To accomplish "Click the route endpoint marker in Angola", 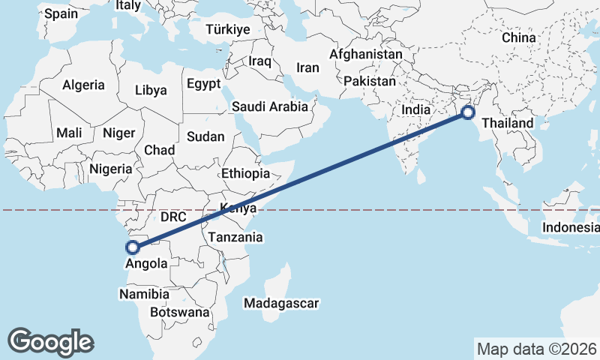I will (x=133, y=247).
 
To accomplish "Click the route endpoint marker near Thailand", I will (x=468, y=113).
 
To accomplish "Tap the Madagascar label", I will (x=282, y=304).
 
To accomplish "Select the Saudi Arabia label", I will (x=269, y=106).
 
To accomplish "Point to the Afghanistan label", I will (x=366, y=55).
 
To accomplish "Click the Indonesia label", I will (x=571, y=227).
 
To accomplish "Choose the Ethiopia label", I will (x=246, y=173).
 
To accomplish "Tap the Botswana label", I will (x=179, y=312).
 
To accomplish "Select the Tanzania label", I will (x=235, y=237).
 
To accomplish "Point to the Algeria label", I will (x=83, y=85).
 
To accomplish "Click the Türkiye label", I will (x=228, y=29).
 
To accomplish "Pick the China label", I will (x=519, y=37).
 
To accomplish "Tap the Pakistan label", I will (x=370, y=80).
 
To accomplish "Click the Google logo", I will (x=50, y=341).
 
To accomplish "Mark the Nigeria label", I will (x=110, y=169).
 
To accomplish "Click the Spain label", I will (x=61, y=13).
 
